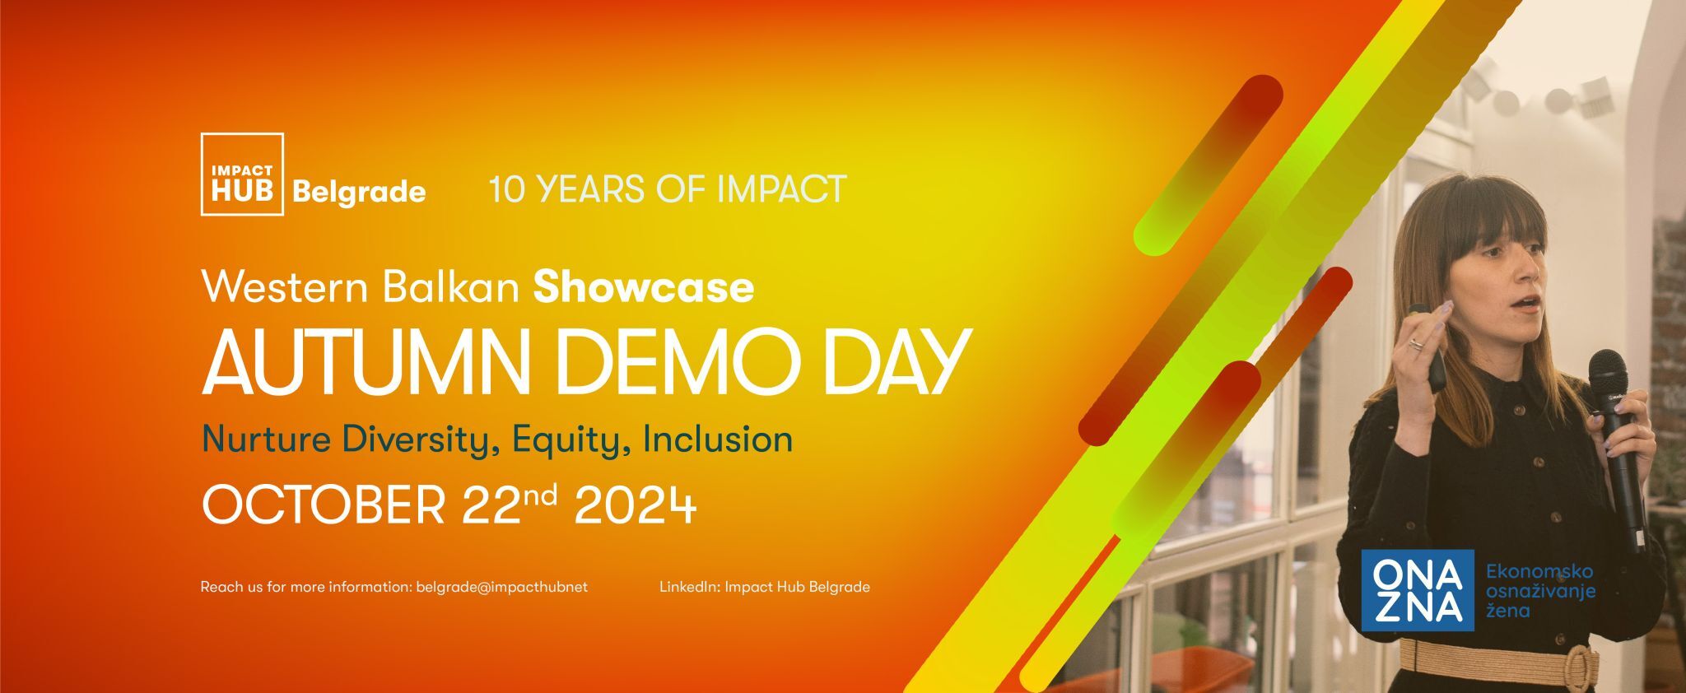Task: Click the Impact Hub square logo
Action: (242, 174)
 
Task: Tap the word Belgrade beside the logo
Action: (359, 193)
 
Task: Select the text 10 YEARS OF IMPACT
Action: (668, 188)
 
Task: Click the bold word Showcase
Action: (644, 287)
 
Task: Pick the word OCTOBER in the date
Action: (324, 505)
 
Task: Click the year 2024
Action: (635, 505)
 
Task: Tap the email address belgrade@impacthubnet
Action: (502, 588)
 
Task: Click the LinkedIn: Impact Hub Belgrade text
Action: (765, 588)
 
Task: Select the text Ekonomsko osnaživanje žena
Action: (1540, 591)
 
